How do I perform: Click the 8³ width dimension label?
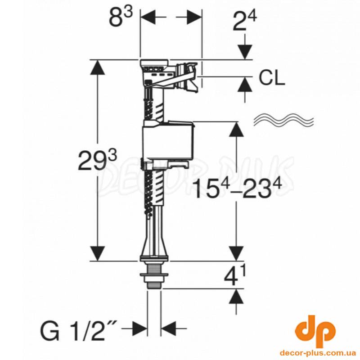pyautogui.click(x=121, y=17)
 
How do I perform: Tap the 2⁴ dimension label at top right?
pyautogui.click(x=244, y=21)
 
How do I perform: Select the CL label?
pyautogui.click(x=272, y=78)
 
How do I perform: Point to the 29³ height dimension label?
pyautogui.click(x=98, y=160)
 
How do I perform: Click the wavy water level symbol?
pyautogui.click(x=283, y=119)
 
